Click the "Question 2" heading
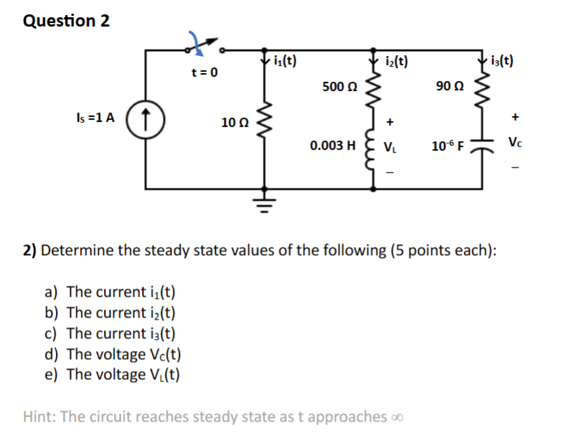[x=67, y=21]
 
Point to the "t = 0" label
[x=204, y=73]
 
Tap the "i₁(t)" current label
[x=285, y=61]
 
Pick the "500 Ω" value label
[x=340, y=87]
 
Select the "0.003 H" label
[x=333, y=146]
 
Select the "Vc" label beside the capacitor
[x=517, y=142]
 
